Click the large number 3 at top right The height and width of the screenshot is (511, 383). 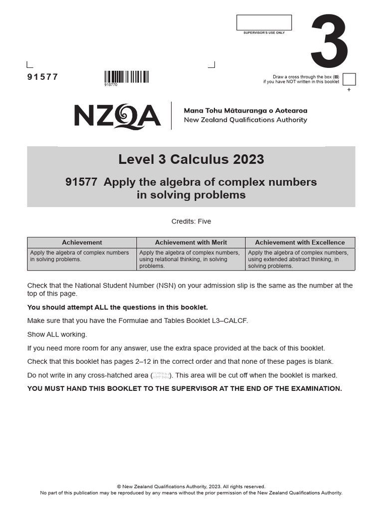(329, 42)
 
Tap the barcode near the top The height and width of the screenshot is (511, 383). (126, 77)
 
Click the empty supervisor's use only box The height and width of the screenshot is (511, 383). (264, 22)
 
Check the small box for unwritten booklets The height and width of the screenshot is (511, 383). (349, 79)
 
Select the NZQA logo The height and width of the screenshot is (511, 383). (117, 116)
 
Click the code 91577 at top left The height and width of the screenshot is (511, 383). (42, 77)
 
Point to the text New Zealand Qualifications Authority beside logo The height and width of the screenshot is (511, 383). (245, 120)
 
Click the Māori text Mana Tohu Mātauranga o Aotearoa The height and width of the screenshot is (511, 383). (245, 110)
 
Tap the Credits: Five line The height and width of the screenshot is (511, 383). (191, 221)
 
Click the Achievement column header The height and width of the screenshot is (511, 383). (82, 243)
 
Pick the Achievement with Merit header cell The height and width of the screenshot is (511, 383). (191, 243)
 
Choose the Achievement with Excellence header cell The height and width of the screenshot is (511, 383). (300, 243)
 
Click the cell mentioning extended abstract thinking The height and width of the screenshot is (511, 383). (300, 259)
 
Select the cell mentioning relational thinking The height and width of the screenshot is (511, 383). (191, 259)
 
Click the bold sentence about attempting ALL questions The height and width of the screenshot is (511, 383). (117, 307)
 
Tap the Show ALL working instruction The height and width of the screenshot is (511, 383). (57, 334)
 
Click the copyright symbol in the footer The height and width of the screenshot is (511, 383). (119, 487)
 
